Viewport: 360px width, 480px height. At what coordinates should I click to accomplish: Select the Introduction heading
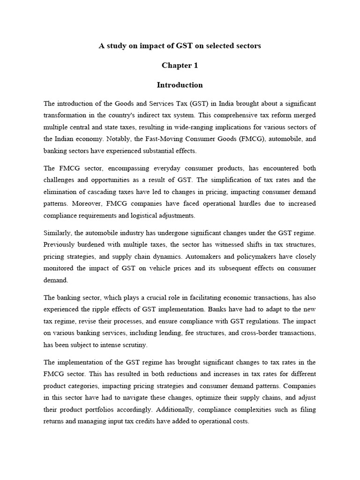[180, 85]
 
